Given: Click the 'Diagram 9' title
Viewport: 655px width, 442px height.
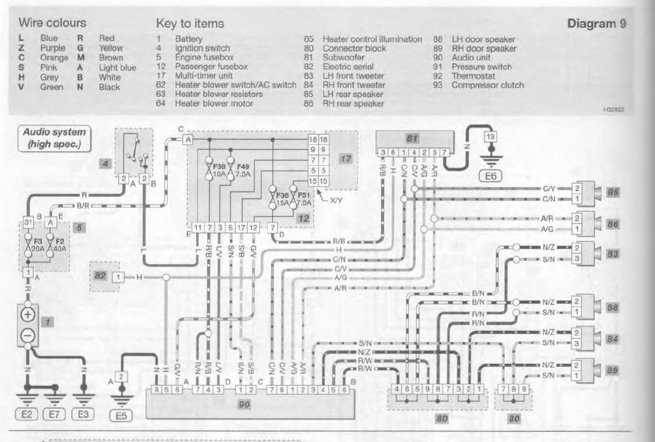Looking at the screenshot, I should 596,23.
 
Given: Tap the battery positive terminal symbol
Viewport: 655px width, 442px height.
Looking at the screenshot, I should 29,316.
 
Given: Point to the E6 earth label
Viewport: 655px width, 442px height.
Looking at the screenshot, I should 490,178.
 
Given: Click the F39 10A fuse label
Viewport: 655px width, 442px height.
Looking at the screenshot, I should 211,168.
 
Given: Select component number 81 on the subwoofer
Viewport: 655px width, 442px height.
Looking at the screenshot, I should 414,138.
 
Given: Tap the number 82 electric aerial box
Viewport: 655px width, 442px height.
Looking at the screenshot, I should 99,277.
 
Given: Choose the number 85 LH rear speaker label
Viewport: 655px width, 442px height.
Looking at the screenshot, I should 612,192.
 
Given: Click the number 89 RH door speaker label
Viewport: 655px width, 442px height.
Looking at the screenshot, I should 612,370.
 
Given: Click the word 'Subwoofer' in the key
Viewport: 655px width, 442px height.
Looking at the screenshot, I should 343,57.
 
